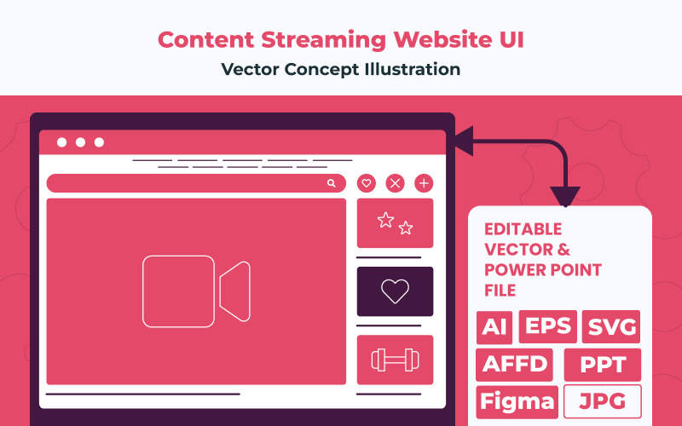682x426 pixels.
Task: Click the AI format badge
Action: click(x=494, y=327)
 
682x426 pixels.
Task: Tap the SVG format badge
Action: click(x=610, y=327)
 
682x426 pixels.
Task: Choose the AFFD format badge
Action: click(x=515, y=365)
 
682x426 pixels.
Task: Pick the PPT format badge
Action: click(x=602, y=365)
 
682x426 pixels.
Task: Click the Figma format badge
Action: click(x=517, y=401)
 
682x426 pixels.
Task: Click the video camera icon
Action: click(x=196, y=291)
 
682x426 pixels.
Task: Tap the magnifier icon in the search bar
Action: click(x=332, y=183)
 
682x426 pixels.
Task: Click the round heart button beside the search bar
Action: click(x=367, y=183)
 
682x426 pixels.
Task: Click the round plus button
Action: click(x=424, y=183)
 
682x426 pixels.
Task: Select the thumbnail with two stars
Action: click(x=395, y=223)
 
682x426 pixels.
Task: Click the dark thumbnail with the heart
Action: click(x=395, y=291)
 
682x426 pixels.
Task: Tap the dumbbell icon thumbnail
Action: click(x=395, y=360)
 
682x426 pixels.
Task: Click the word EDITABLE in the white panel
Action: click(x=523, y=229)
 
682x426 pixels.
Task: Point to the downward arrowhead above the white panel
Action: click(x=565, y=197)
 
